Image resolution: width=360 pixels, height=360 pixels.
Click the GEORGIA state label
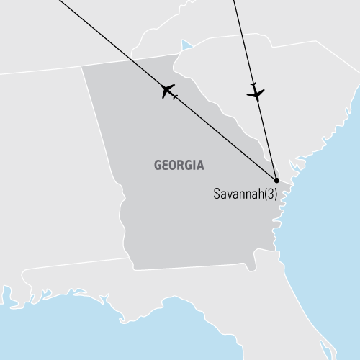pos(179,166)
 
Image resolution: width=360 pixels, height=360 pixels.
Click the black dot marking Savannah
pos(276,180)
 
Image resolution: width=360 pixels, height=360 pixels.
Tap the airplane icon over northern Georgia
pos(169,91)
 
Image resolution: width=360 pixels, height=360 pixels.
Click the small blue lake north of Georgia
pos(187,47)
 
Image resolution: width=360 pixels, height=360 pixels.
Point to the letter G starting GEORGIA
pos(158,166)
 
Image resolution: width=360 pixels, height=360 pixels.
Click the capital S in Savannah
pos(217,194)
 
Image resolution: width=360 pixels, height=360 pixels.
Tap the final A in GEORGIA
pos(200,166)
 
